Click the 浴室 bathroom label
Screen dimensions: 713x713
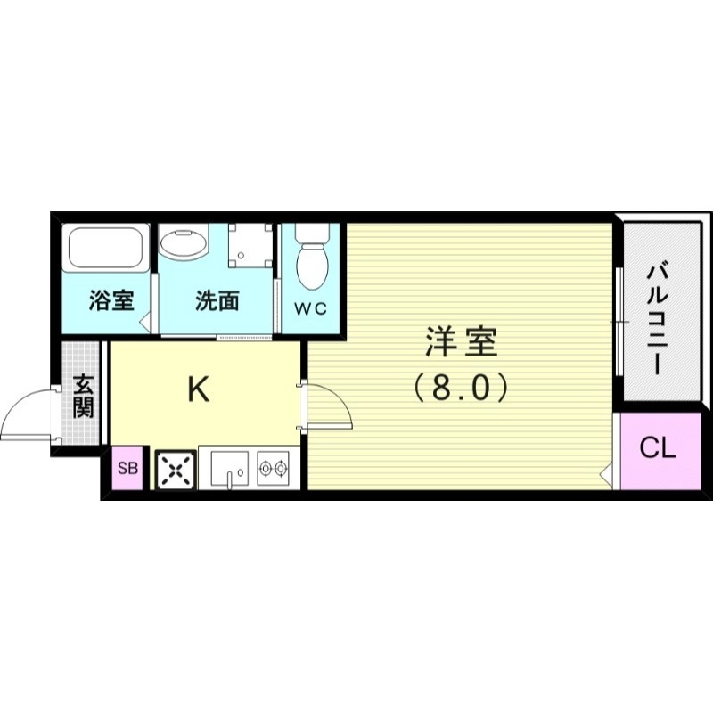[111, 300]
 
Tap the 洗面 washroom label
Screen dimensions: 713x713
[217, 300]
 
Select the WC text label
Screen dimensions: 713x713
[311, 308]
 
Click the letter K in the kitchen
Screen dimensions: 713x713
[198, 389]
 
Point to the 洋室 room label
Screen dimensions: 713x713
[461, 343]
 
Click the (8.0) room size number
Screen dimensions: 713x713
[461, 388]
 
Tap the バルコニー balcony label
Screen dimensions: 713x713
[660, 316]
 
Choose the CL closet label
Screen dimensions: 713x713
[659, 449]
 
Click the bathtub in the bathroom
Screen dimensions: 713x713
[106, 253]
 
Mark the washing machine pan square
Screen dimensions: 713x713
[250, 245]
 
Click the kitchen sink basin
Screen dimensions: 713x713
[230, 466]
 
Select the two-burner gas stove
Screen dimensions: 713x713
[274, 466]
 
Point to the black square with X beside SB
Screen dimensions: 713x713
[175, 469]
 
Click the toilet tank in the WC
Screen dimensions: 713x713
[311, 234]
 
